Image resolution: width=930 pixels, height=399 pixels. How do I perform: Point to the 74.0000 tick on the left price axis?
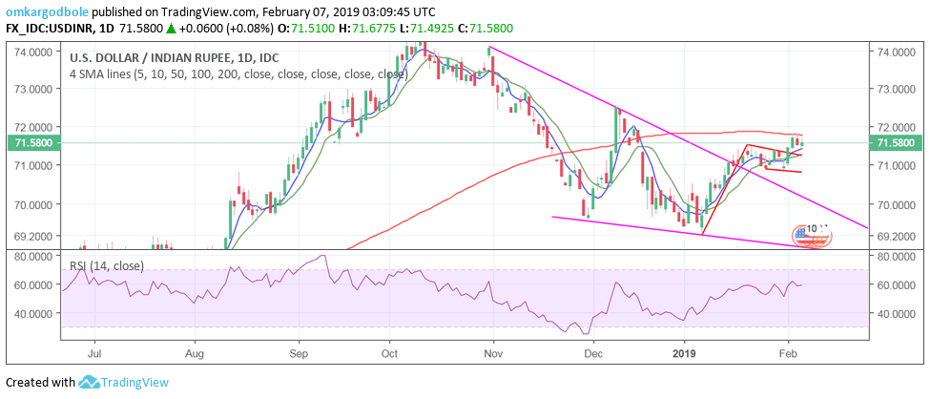pos(32,51)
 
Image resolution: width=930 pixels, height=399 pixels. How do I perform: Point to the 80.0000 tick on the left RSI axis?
pos(32,257)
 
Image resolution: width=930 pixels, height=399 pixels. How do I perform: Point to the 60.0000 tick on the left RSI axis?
pos(32,284)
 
